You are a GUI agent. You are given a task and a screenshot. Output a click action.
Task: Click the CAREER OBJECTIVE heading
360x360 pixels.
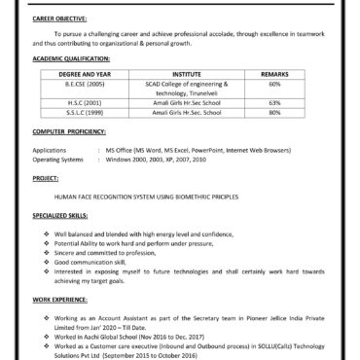point(58,18)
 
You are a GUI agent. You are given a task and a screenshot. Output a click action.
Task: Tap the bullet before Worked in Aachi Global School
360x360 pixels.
point(47,334)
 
